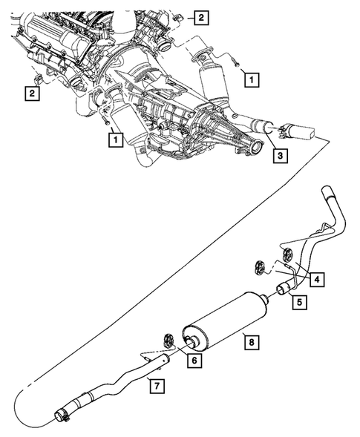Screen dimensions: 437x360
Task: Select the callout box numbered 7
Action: (x=154, y=384)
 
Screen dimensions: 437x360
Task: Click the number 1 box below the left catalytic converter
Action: (x=114, y=137)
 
